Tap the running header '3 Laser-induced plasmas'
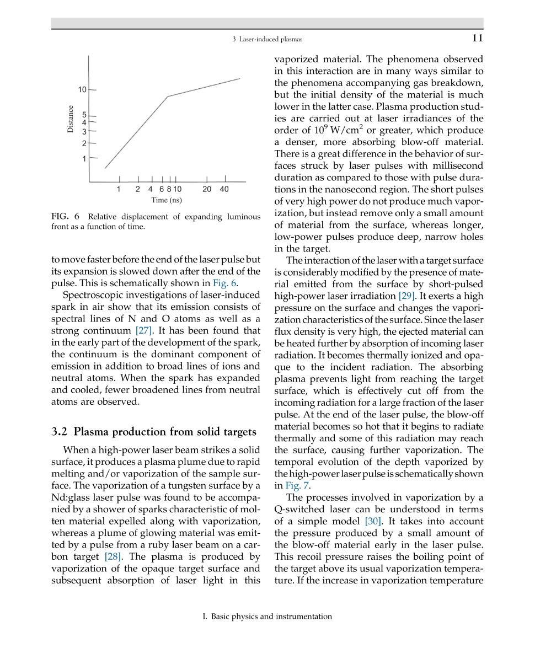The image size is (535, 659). pyautogui.click(x=267, y=39)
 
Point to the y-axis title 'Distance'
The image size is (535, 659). pyautogui.click(x=70, y=119)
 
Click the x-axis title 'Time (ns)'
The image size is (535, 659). pyautogui.click(x=167, y=200)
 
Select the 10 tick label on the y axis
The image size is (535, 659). pyautogui.click(x=82, y=89)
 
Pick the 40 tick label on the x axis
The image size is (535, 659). pyautogui.click(x=224, y=189)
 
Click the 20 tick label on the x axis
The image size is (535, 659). pyautogui.click(x=207, y=189)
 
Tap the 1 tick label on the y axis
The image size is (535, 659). pyautogui.click(x=84, y=159)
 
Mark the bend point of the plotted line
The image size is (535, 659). pyautogui.click(x=168, y=97)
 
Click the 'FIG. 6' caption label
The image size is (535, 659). pyautogui.click(x=66, y=216)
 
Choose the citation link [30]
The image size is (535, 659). pyautogui.click(x=374, y=521)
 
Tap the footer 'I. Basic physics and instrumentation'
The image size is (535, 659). pyautogui.click(x=267, y=617)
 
